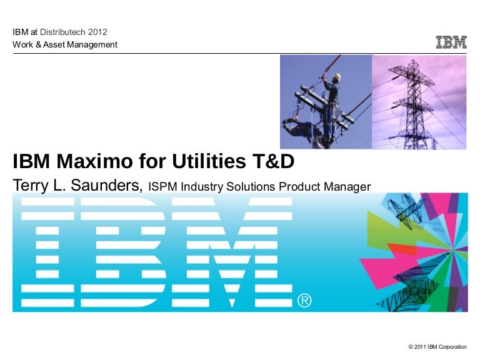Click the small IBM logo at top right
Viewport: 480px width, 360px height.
(451, 42)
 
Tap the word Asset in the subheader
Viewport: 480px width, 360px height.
(53, 44)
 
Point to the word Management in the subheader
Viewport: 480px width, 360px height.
(92, 44)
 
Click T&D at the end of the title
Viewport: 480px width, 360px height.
(272, 162)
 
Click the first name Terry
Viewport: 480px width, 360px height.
(31, 186)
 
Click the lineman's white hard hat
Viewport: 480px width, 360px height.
(336, 77)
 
